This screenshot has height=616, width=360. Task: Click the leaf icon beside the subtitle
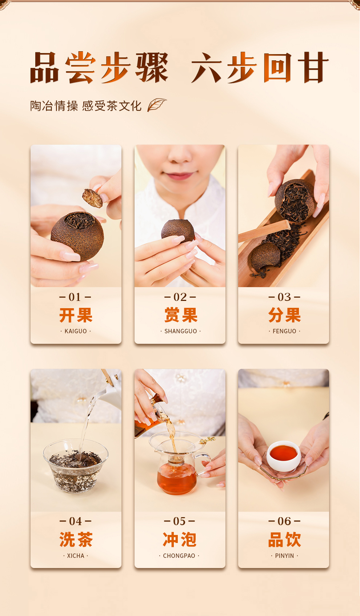pos(157,105)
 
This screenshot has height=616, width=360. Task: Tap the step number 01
pos(75,297)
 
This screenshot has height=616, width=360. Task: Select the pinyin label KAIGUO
pos(76,331)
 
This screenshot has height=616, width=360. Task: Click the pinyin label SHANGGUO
pos(181,331)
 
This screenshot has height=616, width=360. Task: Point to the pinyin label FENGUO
pos(284,331)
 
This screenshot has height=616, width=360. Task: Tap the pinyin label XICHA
pos(76,556)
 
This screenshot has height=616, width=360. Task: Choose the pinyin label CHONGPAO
pos(179,556)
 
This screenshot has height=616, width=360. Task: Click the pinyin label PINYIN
pos(285,556)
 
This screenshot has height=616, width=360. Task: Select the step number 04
pos(75,521)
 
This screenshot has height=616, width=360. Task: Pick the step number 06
pos(284,521)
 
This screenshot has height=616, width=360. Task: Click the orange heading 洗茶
pos(76,539)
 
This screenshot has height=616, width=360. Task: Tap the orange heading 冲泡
pos(179,539)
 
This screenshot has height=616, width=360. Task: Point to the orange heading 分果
pos(284,315)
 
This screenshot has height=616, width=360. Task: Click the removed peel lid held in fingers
pos(92,198)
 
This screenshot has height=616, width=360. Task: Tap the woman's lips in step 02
pos(180,175)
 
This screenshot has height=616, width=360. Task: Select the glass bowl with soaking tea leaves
pos(76,465)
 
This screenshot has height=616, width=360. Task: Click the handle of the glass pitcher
pos(204,463)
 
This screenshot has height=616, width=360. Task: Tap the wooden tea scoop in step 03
pos(264,231)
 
